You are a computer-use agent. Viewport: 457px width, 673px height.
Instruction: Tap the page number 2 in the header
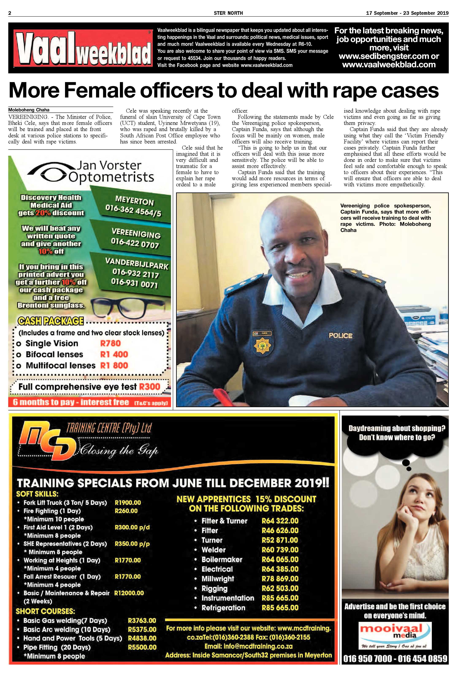10,13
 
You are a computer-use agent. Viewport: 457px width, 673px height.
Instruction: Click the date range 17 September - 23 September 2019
407,13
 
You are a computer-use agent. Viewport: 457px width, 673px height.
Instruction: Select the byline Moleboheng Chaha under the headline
29,110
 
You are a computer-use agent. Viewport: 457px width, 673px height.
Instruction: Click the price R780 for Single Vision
110,343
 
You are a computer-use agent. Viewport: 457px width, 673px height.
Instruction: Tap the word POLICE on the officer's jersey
340,336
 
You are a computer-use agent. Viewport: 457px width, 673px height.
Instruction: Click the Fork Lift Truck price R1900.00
128,503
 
